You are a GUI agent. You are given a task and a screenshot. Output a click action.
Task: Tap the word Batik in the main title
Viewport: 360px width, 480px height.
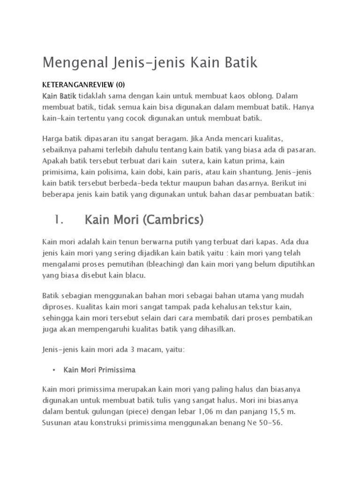coord(239,62)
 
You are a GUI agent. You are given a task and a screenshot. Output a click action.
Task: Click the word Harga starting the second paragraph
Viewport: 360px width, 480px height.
coord(52,139)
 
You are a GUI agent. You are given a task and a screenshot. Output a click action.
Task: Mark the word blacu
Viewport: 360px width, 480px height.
coord(136,276)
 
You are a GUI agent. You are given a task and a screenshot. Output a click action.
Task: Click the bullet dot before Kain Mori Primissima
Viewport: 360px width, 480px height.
coord(54,370)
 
